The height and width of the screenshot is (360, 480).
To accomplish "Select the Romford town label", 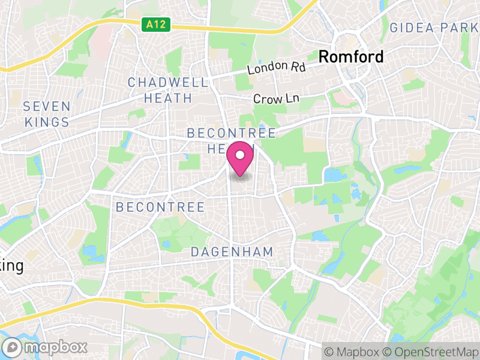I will (x=351, y=57).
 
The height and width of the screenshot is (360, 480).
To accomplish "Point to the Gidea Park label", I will (x=433, y=28).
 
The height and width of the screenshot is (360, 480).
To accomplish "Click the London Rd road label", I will (x=277, y=68).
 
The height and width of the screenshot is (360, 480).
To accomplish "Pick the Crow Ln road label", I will (x=276, y=98).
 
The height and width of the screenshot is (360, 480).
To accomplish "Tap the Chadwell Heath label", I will (x=168, y=90).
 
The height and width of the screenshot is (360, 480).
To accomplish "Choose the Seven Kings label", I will (x=47, y=114).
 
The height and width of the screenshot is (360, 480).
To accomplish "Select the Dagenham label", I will (x=232, y=252).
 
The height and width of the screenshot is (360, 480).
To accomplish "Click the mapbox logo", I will (x=46, y=347).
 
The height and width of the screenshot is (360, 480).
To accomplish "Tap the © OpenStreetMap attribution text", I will (x=431, y=351).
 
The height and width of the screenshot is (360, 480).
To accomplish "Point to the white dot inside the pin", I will (x=241, y=155).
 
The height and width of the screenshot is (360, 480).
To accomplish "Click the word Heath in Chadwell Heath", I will (x=168, y=98).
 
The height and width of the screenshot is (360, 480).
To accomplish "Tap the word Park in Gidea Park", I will (x=460, y=28).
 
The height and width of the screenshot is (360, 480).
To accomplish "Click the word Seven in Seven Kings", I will (x=47, y=107).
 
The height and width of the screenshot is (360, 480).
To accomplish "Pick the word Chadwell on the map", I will (x=168, y=82).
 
